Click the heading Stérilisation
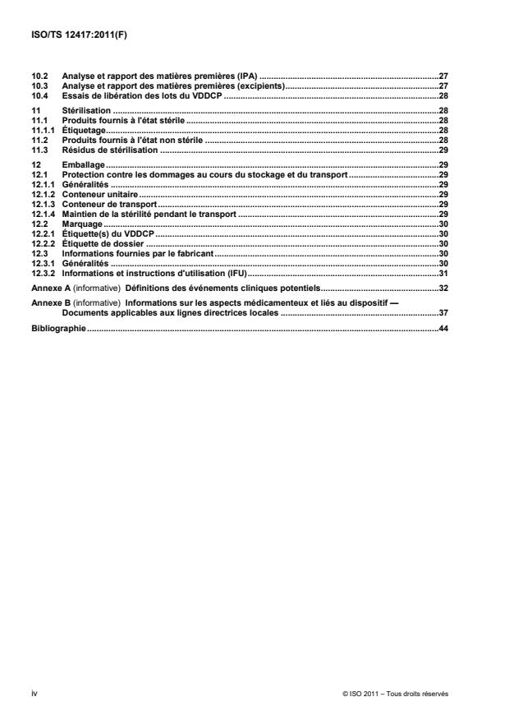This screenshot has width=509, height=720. click(x=85, y=110)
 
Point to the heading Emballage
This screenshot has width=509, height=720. click(x=82, y=165)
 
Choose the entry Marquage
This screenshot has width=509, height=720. click(x=82, y=223)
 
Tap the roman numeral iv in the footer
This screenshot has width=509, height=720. click(x=34, y=694)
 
